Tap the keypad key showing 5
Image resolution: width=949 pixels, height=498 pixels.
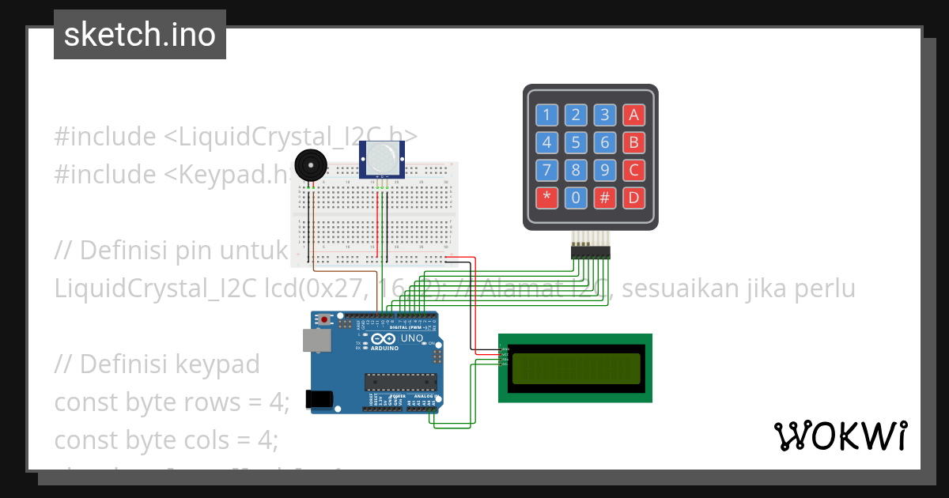click(576, 143)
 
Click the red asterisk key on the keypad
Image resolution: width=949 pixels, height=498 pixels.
click(546, 198)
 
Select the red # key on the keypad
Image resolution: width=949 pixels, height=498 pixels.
click(605, 198)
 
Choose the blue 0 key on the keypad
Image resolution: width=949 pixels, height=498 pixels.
click(576, 198)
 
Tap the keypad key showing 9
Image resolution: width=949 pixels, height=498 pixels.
click(605, 170)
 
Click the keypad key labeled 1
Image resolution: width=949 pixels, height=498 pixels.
click(546, 115)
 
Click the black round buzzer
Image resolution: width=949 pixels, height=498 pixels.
click(310, 165)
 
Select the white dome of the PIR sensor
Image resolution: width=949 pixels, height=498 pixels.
click(382, 158)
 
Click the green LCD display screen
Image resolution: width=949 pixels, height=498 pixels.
click(576, 368)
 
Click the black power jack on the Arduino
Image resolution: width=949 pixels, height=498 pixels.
click(319, 399)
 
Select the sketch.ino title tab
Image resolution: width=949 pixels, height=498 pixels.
click(140, 35)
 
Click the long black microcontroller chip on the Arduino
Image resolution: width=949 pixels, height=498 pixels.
click(400, 382)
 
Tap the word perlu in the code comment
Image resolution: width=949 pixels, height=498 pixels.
click(824, 289)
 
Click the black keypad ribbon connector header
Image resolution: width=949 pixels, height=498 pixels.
click(591, 252)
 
